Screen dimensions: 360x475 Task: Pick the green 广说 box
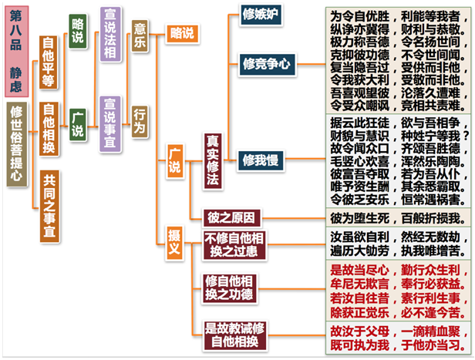[x=77, y=123]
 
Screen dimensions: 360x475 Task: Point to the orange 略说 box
[x=182, y=32]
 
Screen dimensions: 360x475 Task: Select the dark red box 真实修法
[x=213, y=160]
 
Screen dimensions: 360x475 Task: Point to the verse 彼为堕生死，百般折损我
[x=396, y=217]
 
